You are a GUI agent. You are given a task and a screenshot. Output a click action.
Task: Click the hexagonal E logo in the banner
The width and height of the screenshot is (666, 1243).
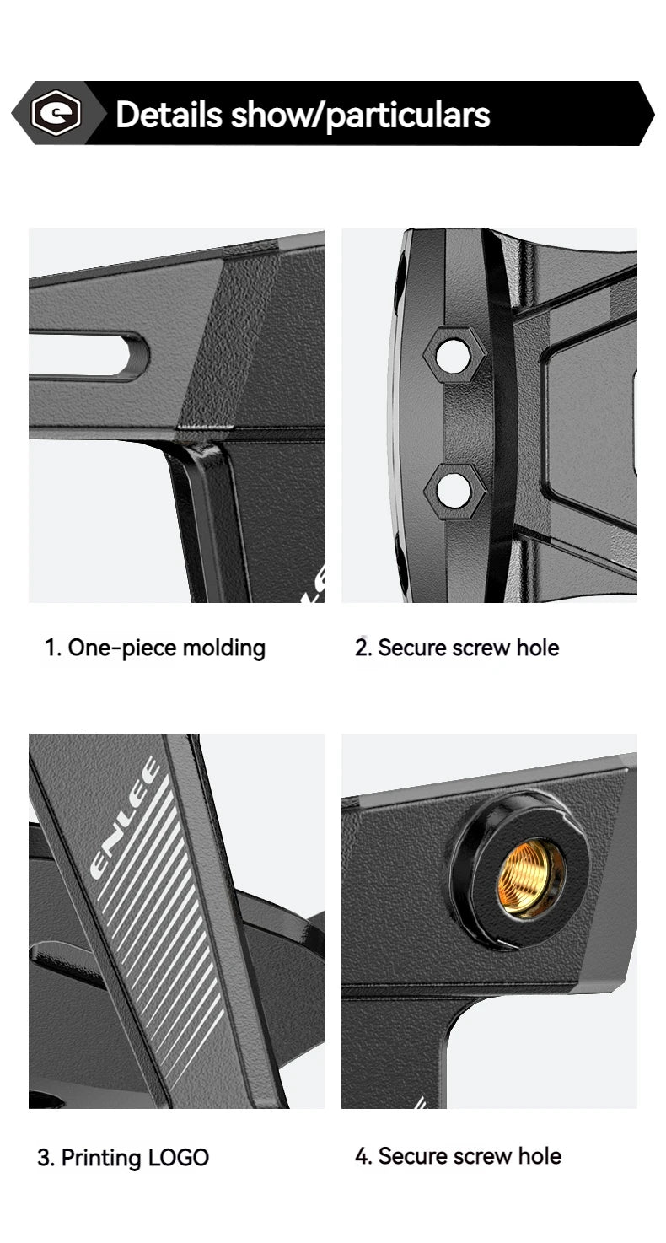[x=56, y=113]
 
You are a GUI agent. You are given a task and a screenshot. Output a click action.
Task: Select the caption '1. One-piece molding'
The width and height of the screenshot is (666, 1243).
[x=155, y=648]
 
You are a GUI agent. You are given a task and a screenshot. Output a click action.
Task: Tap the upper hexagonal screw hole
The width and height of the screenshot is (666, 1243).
[x=454, y=354]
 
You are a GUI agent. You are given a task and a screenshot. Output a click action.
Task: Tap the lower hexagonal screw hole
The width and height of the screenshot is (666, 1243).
[x=454, y=491]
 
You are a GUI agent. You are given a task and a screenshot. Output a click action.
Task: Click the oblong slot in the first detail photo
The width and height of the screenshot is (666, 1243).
[x=89, y=355]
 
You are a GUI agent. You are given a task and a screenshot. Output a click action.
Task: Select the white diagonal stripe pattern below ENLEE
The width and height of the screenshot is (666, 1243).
[x=161, y=921]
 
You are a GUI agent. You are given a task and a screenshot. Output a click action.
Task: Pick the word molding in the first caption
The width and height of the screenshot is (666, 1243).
[x=224, y=648]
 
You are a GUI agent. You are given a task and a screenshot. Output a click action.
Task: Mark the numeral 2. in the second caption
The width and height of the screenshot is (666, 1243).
[x=363, y=648]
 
